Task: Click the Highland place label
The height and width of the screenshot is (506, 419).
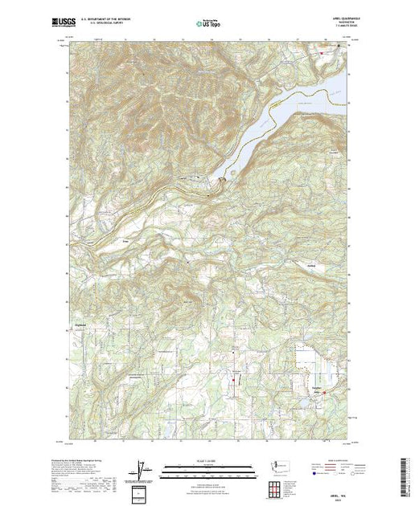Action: (x=80, y=324)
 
